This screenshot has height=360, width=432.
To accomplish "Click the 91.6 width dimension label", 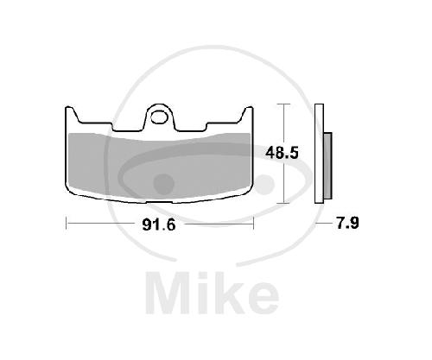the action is (159, 224).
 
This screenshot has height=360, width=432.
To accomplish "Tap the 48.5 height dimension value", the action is (282, 153).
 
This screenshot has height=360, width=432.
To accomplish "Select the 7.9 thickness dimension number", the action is (347, 223).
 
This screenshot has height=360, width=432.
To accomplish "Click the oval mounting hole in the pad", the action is (160, 117).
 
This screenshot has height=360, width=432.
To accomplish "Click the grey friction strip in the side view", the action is (327, 166).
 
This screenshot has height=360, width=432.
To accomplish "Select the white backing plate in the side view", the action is (320, 154).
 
